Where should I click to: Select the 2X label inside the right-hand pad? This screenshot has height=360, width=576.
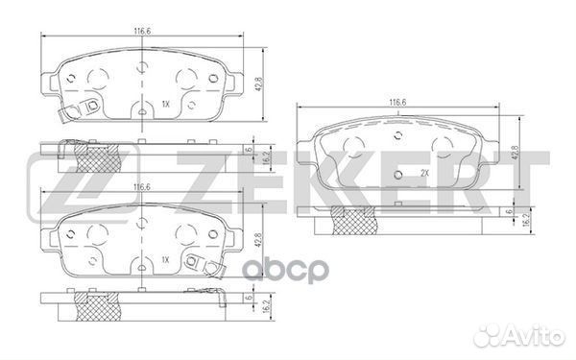pyautogui.click(x=422, y=172)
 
